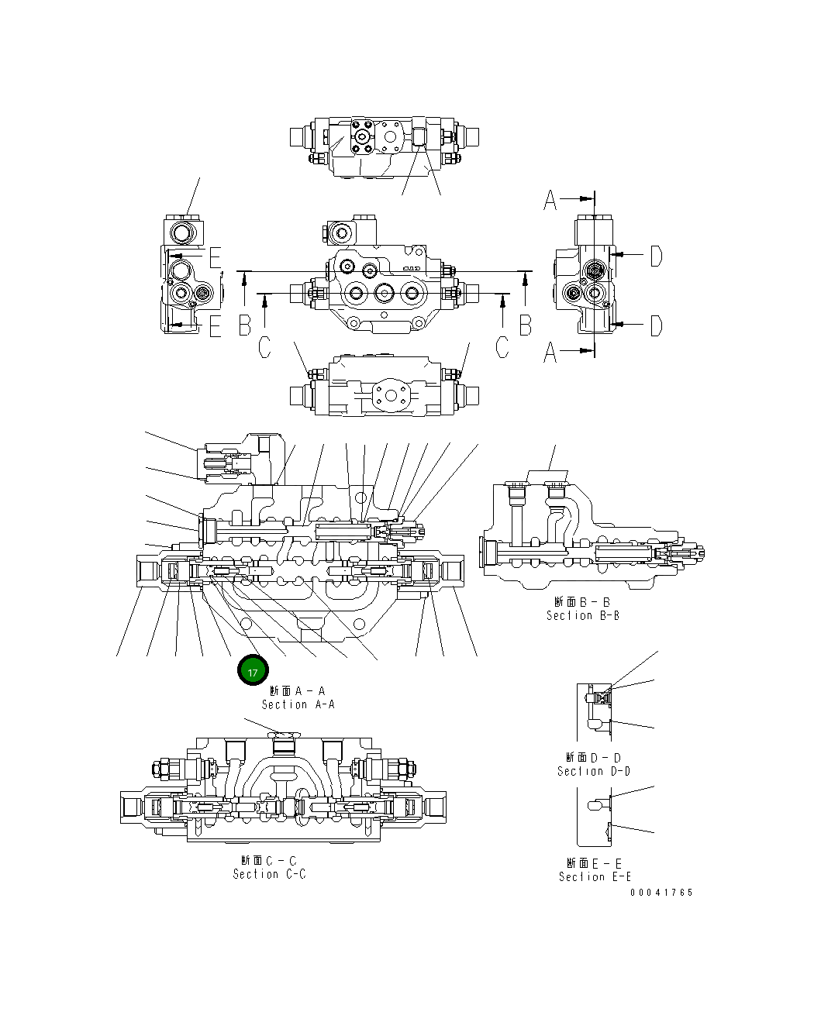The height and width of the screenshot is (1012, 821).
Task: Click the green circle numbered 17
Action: tap(252, 672)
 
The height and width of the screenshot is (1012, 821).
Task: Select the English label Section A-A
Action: tap(298, 704)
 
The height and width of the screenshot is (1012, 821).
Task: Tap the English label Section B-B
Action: tap(582, 615)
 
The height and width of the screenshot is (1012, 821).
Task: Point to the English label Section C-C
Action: tap(269, 874)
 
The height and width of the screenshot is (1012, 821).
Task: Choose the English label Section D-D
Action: tap(593, 771)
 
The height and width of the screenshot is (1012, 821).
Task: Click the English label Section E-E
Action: tap(595, 876)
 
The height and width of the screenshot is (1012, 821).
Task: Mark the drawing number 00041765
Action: tap(661, 892)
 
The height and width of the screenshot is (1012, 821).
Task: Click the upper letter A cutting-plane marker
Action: tap(550, 200)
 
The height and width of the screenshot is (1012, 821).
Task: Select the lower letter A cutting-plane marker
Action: tap(550, 353)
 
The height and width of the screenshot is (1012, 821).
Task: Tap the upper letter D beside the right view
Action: tap(656, 256)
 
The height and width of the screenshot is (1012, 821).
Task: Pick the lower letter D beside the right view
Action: tap(656, 325)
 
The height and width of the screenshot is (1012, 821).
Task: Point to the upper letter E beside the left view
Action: tap(215, 257)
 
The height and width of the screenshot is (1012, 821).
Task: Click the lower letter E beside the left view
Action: tap(215, 327)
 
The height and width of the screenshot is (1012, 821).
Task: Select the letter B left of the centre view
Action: tap(245, 325)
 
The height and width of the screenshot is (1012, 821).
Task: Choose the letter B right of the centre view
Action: tap(526, 325)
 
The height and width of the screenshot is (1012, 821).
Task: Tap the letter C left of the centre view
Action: tap(264, 348)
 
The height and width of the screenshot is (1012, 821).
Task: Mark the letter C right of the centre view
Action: tap(502, 348)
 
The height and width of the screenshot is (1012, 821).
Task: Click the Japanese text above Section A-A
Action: tap(298, 690)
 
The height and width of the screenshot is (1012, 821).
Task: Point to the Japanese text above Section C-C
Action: tap(269, 860)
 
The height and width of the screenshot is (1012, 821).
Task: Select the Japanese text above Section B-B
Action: tap(582, 601)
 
